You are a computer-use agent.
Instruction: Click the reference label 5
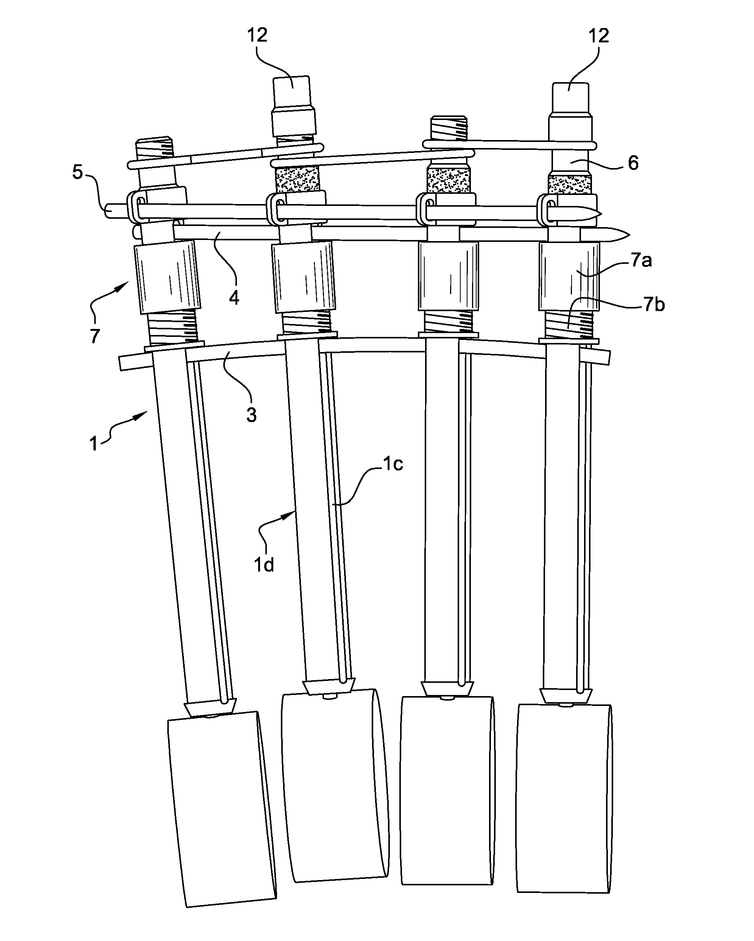(77, 172)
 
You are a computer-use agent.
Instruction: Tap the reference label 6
(633, 163)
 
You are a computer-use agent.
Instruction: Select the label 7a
(641, 260)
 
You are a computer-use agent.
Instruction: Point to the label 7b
(654, 304)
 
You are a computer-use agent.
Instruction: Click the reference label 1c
(393, 464)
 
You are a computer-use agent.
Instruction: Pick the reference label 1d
(264, 565)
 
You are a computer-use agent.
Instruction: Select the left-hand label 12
(257, 35)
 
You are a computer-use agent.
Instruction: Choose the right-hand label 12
(599, 35)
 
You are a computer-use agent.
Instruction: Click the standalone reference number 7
(95, 336)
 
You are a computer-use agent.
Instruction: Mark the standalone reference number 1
(93, 444)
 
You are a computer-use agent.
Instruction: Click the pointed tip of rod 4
(629, 235)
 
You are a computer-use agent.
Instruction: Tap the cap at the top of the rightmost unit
(571, 98)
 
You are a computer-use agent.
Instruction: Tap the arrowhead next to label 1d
(288, 516)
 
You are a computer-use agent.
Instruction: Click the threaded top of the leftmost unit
(155, 148)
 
